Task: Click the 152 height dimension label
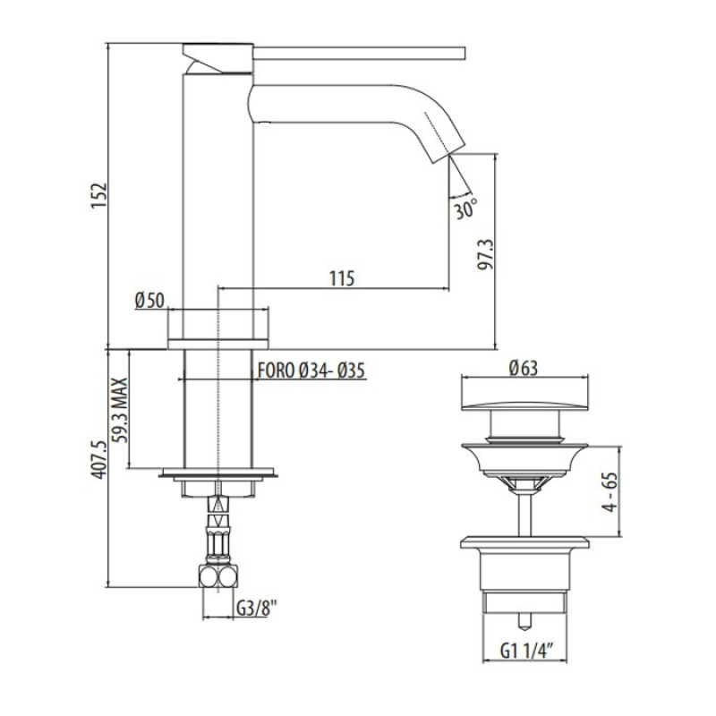click(x=98, y=196)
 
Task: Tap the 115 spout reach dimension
click(x=342, y=278)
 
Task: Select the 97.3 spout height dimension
click(x=486, y=254)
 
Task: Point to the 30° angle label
click(x=465, y=209)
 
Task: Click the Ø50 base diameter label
click(x=149, y=301)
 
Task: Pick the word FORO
click(x=277, y=371)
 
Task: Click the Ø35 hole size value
click(x=352, y=371)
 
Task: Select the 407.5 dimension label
click(x=98, y=459)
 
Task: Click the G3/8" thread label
click(x=257, y=608)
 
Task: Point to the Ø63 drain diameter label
click(x=524, y=368)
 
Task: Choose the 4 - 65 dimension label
click(x=610, y=491)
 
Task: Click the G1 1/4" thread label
click(x=528, y=651)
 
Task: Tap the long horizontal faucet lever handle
click(x=359, y=53)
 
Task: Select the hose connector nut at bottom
click(x=218, y=576)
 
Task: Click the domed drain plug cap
click(x=525, y=405)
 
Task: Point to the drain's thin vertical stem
click(x=525, y=516)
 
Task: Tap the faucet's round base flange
click(x=218, y=344)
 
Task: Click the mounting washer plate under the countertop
click(x=218, y=473)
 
